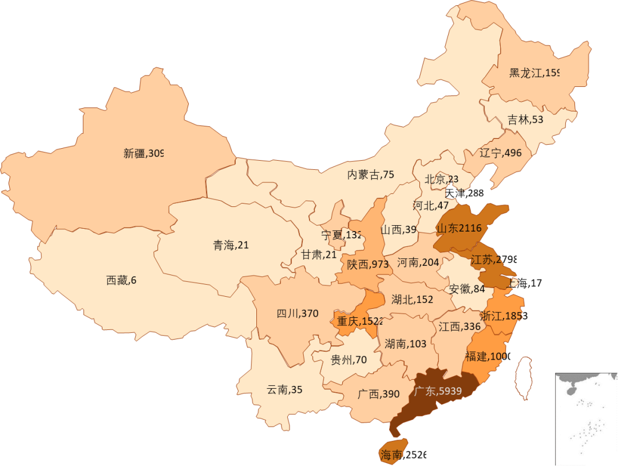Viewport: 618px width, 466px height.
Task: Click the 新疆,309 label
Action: pyautogui.click(x=144, y=153)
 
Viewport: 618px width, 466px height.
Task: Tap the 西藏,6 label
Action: pyautogui.click(x=121, y=280)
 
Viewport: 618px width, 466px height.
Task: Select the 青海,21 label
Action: pyautogui.click(x=231, y=245)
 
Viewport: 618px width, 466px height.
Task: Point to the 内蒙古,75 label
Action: pyautogui.click(x=371, y=175)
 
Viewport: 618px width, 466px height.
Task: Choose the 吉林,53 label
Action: pyautogui.click(x=525, y=120)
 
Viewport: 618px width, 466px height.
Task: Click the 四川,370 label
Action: pyautogui.click(x=297, y=313)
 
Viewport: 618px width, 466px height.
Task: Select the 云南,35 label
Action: pyautogui.click(x=284, y=390)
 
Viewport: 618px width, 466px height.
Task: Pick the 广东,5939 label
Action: pyautogui.click(x=437, y=392)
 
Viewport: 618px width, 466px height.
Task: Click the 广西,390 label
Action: pyautogui.click(x=378, y=395)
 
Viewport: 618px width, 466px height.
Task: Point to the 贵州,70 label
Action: pyautogui.click(x=348, y=360)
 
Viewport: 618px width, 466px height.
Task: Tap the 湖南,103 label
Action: pyautogui.click(x=405, y=344)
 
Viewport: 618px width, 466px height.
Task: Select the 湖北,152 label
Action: pyautogui.click(x=412, y=299)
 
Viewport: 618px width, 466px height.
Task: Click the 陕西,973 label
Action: pyautogui.click(x=368, y=264)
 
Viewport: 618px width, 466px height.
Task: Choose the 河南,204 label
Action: pyautogui.click(x=418, y=262)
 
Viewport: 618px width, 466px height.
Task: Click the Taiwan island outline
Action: pyautogui.click(x=523, y=378)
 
